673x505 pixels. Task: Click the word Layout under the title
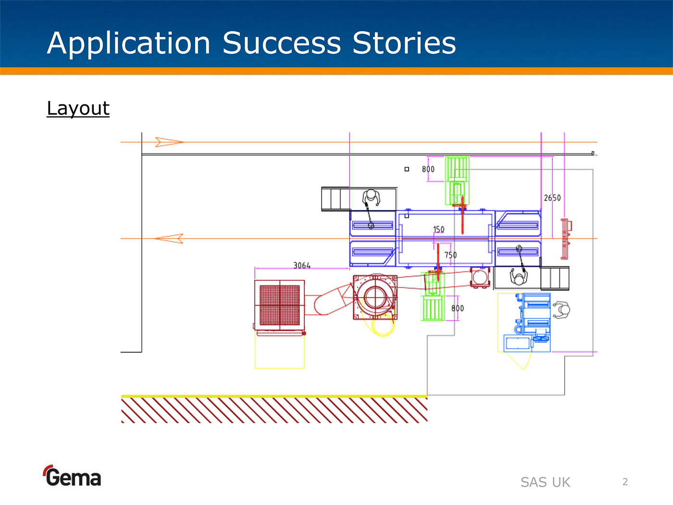78,108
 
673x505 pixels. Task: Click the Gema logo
72,476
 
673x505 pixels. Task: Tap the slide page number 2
625,482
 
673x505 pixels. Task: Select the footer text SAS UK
545,482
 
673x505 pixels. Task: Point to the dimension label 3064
302,265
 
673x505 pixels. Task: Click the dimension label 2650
552,198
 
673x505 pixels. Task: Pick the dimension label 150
439,229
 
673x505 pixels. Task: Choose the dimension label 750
450,255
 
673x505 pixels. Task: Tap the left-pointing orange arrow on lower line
169,239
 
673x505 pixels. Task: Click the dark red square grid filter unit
279,305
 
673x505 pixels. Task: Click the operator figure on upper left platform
371,198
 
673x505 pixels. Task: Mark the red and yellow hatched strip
274,409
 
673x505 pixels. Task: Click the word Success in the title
282,43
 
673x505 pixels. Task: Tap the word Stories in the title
404,43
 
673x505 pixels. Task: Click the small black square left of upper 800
407,169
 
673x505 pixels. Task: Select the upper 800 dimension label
428,169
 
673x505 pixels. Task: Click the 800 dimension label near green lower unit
458,308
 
